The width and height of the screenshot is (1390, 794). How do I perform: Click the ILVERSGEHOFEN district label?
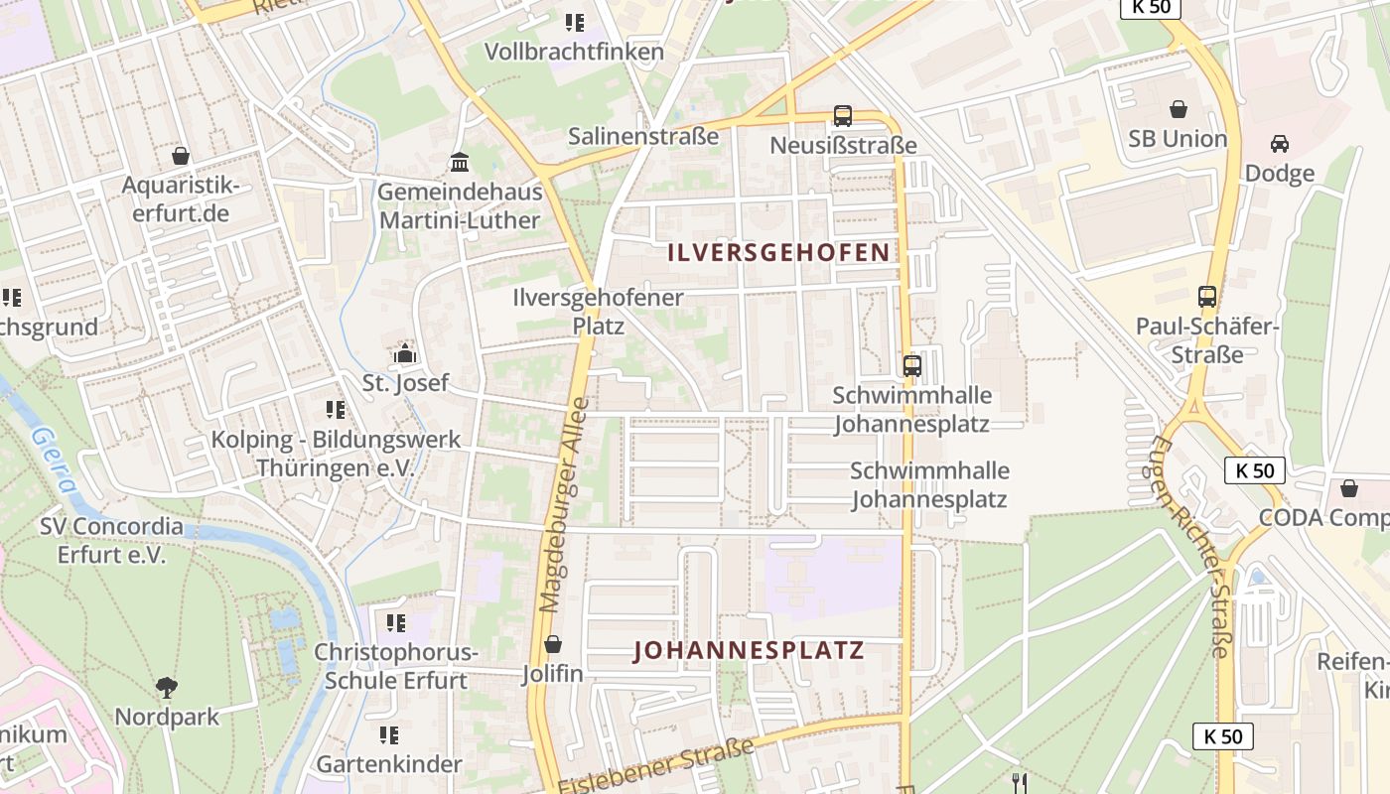(778, 252)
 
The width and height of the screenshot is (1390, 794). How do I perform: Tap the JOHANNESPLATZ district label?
(750, 651)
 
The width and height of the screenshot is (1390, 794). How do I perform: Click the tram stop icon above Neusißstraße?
(843, 116)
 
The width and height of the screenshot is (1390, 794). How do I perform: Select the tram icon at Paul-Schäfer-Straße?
(1207, 296)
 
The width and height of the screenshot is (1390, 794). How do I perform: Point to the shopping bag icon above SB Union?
(1179, 109)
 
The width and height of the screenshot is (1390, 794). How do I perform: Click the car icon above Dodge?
(1280, 144)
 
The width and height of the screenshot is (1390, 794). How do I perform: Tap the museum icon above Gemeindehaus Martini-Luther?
(460, 162)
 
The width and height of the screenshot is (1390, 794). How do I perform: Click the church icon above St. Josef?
(404, 352)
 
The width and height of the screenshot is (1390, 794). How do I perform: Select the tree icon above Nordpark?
(167, 687)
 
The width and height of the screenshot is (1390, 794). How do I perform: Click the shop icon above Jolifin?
(553, 644)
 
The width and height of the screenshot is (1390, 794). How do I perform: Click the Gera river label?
(55, 460)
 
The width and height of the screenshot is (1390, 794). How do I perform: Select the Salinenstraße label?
(643, 136)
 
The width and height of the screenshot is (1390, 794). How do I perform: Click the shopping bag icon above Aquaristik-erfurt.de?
(181, 156)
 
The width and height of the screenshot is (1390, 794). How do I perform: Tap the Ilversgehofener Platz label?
(598, 311)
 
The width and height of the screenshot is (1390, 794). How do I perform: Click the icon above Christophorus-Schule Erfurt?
(396, 623)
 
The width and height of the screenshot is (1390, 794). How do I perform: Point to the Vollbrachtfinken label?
(574, 51)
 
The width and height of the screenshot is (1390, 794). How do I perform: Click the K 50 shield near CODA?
(1255, 470)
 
